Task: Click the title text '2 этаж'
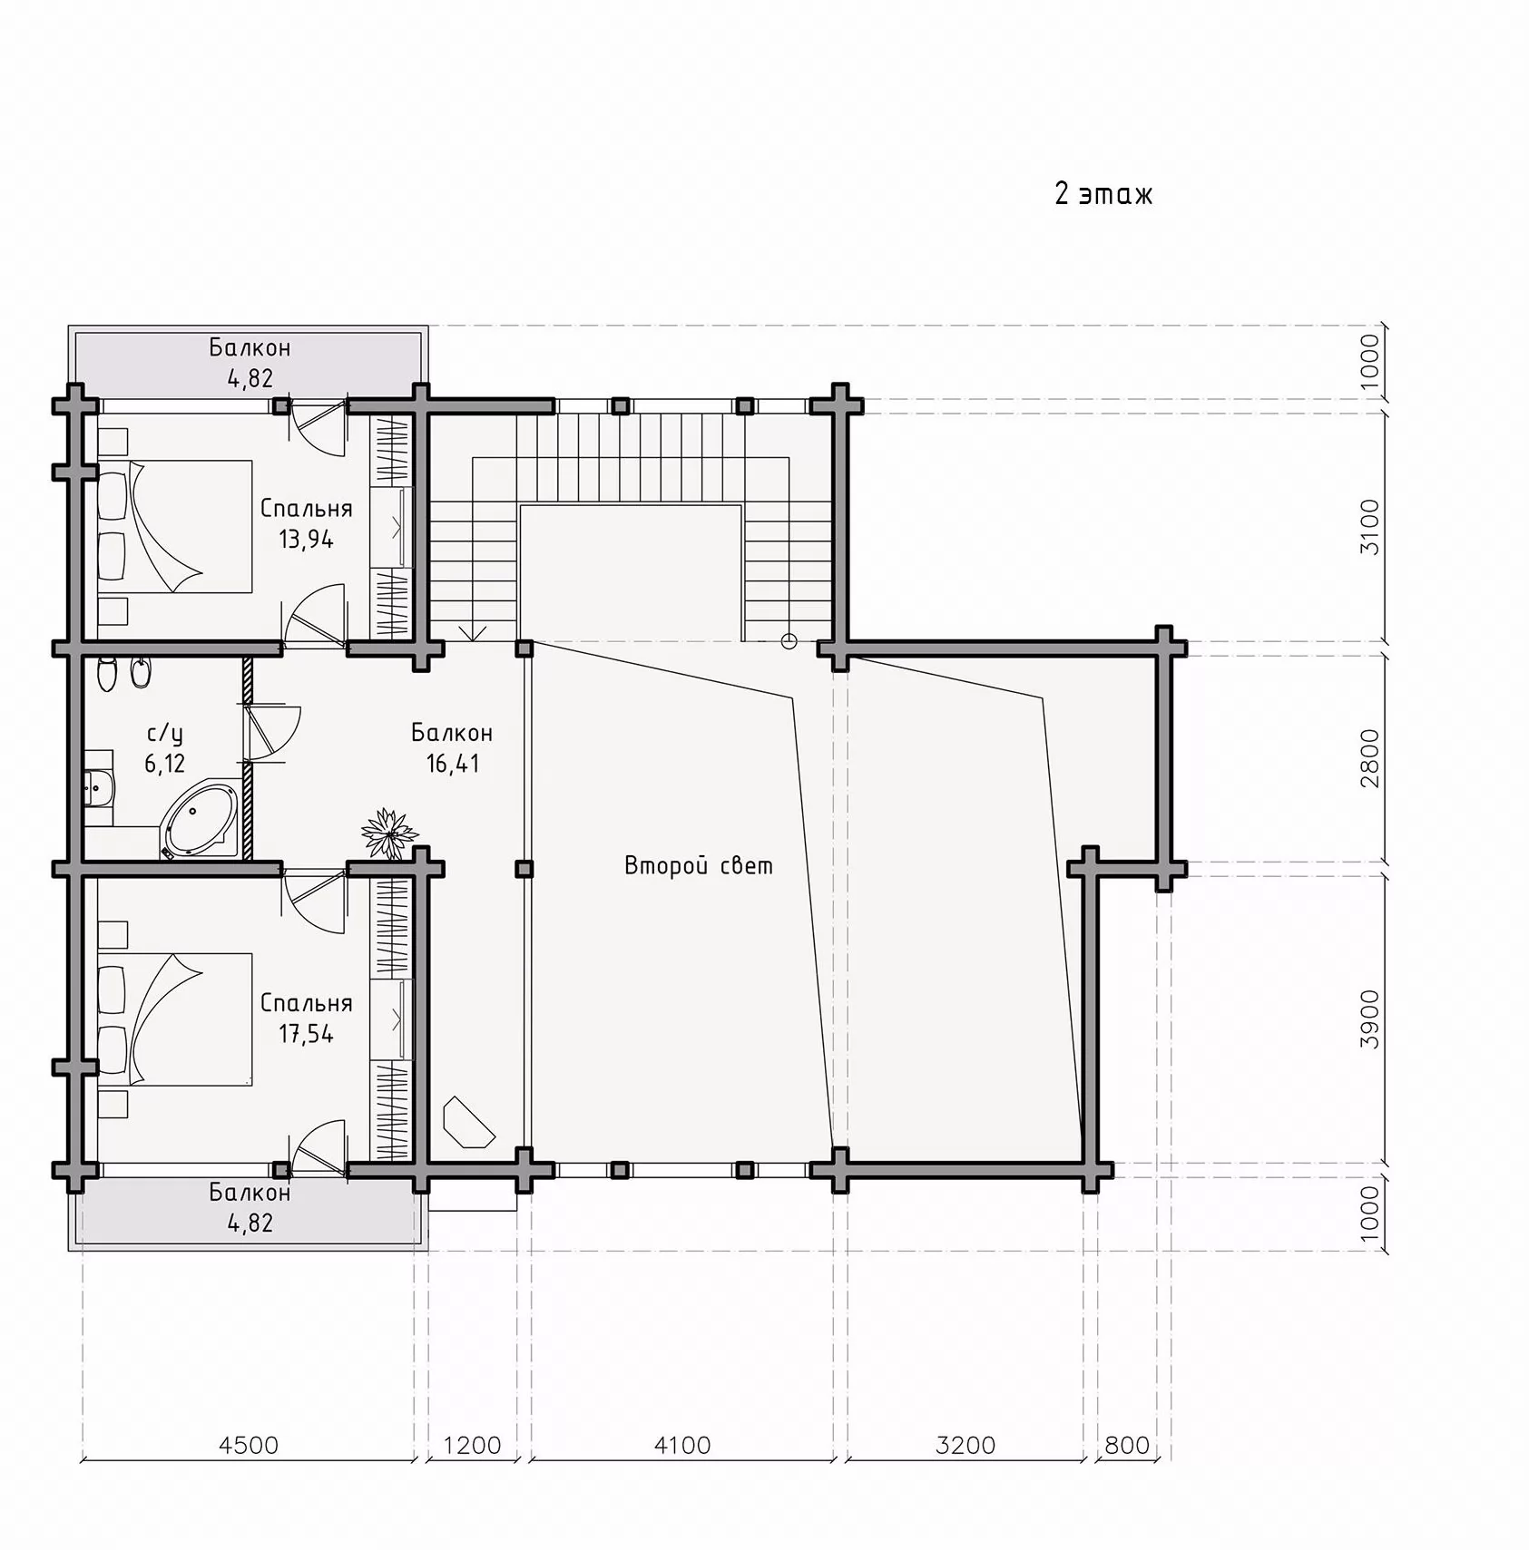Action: click(x=1103, y=194)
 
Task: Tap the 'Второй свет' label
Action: click(x=699, y=865)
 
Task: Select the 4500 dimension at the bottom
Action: click(x=249, y=1445)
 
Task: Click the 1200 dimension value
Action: click(x=472, y=1445)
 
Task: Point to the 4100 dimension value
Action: click(x=682, y=1445)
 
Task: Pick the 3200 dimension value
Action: click(x=965, y=1445)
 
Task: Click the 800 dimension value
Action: click(x=1127, y=1445)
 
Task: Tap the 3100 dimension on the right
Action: click(x=1369, y=527)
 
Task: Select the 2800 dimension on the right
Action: click(x=1369, y=758)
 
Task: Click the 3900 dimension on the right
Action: click(x=1369, y=1019)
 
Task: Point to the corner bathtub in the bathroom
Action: click(x=201, y=821)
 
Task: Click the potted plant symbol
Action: click(x=389, y=833)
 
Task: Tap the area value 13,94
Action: click(x=306, y=540)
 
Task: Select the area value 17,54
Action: click(x=306, y=1034)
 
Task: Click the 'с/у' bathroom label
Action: click(x=164, y=733)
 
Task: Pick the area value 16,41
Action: click(x=453, y=764)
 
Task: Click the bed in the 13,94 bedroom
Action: click(x=174, y=526)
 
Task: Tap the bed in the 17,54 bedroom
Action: click(x=174, y=1019)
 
